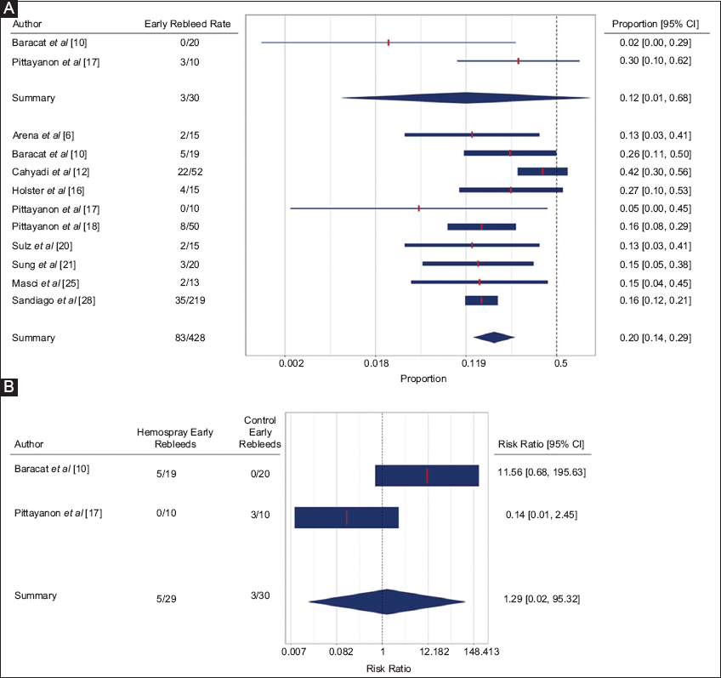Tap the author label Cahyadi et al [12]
48,172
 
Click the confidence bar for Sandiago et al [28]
481,300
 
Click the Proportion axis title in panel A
423,379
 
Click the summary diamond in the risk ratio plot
387,601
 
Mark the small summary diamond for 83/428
494,338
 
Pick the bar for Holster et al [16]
510,190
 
